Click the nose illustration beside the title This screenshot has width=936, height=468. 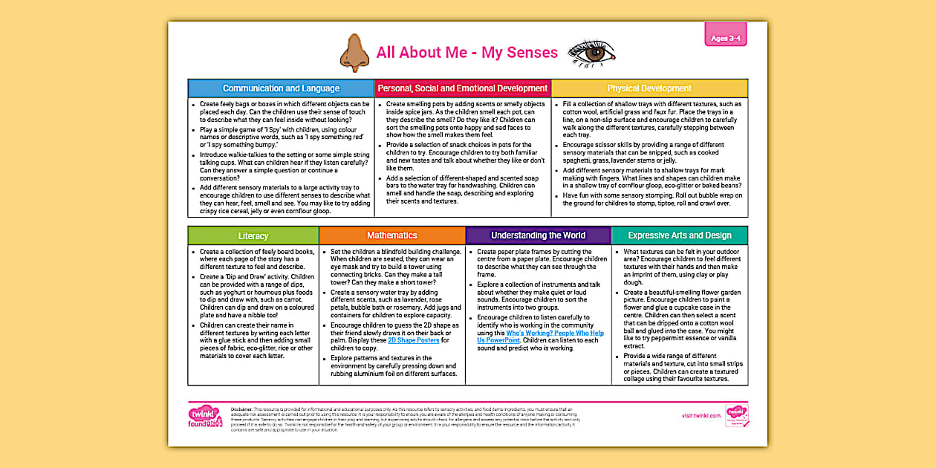(x=354, y=53)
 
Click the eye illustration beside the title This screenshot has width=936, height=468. (x=591, y=53)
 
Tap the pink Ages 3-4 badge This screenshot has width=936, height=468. (x=725, y=38)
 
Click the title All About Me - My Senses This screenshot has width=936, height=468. (x=467, y=53)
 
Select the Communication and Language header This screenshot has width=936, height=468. (x=281, y=88)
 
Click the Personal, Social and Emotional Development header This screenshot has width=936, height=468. (x=463, y=88)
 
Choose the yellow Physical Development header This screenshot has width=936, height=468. (x=649, y=88)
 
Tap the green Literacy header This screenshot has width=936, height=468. (x=253, y=235)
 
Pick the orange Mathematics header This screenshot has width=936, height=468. (x=392, y=235)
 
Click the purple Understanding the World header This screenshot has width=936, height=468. (x=538, y=235)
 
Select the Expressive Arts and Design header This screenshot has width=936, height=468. (x=679, y=235)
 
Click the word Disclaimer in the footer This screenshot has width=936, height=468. (x=242, y=409)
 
